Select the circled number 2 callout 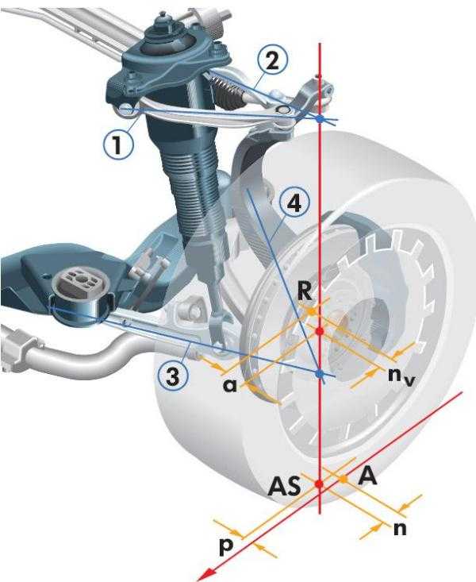[x=272, y=61]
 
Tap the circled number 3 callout [x=173, y=376]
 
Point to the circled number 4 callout [x=294, y=203]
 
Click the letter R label [x=305, y=291]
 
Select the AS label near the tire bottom [x=284, y=486]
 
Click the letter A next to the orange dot [x=367, y=476]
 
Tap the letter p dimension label [x=226, y=547]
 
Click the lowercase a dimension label [x=230, y=386]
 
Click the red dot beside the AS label [x=319, y=484]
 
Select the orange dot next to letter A [x=344, y=480]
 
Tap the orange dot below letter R [x=313, y=311]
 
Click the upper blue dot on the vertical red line [x=320, y=119]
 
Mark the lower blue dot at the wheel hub [x=320, y=374]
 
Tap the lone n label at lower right [x=400, y=529]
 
